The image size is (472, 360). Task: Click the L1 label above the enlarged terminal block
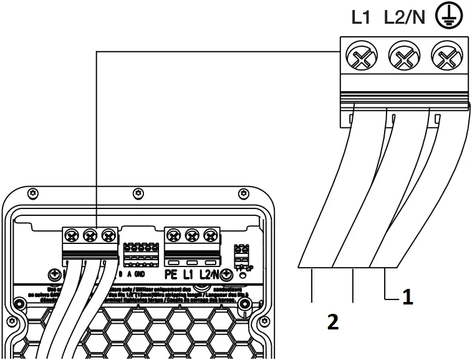click(362, 17)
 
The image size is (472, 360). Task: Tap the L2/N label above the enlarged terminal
click(405, 17)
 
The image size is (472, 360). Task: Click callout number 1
click(407, 298)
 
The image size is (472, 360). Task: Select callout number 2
click(333, 323)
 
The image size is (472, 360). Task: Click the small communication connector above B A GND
click(139, 255)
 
